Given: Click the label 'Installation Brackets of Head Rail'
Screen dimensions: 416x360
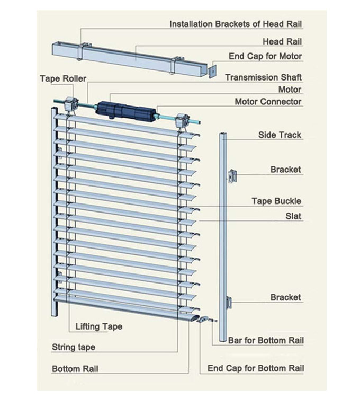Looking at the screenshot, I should [236, 24].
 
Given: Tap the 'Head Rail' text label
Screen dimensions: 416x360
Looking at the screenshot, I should [283, 41].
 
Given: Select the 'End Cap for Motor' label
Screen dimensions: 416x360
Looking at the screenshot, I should [265, 56].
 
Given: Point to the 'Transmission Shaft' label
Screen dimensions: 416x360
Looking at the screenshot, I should [263, 77].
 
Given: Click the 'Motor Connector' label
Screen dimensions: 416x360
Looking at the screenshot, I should [268, 102].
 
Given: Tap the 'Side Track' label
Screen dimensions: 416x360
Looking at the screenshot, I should [280, 135].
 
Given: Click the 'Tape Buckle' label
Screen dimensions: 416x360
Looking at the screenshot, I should [276, 201].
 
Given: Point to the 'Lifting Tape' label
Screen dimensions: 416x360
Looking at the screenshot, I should [99, 326].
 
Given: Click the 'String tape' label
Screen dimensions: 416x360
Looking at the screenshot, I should [74, 348].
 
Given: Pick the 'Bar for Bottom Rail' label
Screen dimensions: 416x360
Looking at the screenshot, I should [266, 340].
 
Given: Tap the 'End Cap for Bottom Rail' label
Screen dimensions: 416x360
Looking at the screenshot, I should [256, 368].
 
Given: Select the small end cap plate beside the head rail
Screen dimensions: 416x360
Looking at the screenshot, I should [212, 70].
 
